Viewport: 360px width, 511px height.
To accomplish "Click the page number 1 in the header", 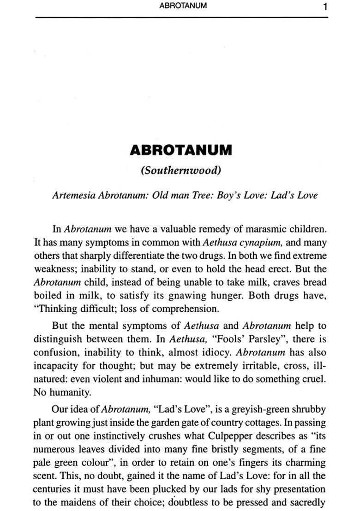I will (x=325, y=7).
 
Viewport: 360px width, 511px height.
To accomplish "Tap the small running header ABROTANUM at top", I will (x=183, y=6).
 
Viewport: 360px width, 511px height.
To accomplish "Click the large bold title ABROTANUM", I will (x=181, y=150).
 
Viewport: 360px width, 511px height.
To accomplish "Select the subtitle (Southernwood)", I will (x=181, y=170).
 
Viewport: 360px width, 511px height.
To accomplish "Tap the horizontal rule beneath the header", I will (x=181, y=18).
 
